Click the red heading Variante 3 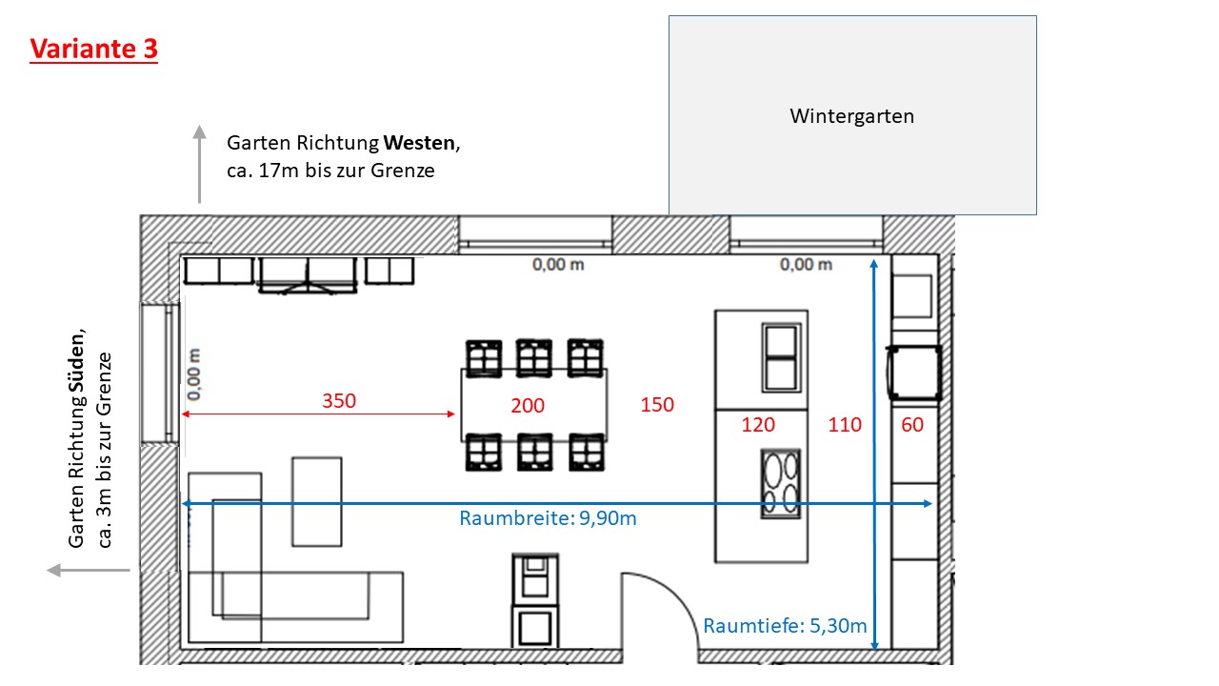[93, 49]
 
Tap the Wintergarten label [851, 116]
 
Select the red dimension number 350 [338, 401]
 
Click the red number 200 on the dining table [528, 406]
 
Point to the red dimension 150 [657, 405]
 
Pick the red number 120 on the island [758, 425]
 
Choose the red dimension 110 [845, 425]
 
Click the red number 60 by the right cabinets [912, 425]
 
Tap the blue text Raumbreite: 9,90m [548, 518]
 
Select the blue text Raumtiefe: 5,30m [785, 626]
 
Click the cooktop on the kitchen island [780, 484]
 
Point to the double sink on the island [781, 356]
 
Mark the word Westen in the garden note [420, 144]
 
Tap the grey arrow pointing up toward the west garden [199, 162]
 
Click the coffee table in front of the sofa [316, 500]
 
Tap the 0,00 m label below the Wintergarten [806, 265]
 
